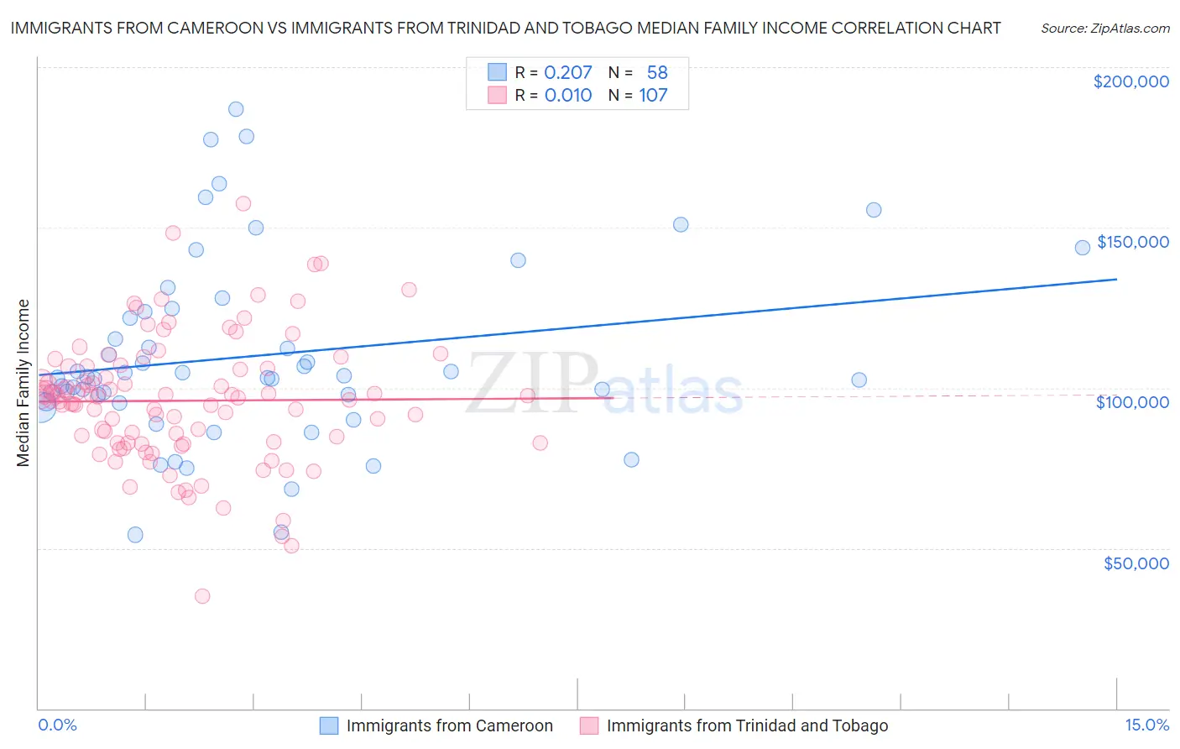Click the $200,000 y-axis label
pos(1130,81)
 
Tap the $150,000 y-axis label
pos(1132,242)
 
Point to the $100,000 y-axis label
pos(1132,402)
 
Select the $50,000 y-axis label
pos(1136,563)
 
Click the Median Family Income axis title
pos(23,383)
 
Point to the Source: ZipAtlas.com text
pos(1104,28)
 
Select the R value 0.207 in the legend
pos(568,73)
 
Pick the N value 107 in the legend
pos(653,96)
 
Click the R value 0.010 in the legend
pos(568,96)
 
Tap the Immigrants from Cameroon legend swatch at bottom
pos(329,725)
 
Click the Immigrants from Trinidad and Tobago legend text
pos(747,725)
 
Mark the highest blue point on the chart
pos(236,109)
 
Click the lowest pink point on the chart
pos(202,596)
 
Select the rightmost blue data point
pos(1083,247)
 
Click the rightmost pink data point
pos(540,443)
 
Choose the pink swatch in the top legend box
pos(498,96)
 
